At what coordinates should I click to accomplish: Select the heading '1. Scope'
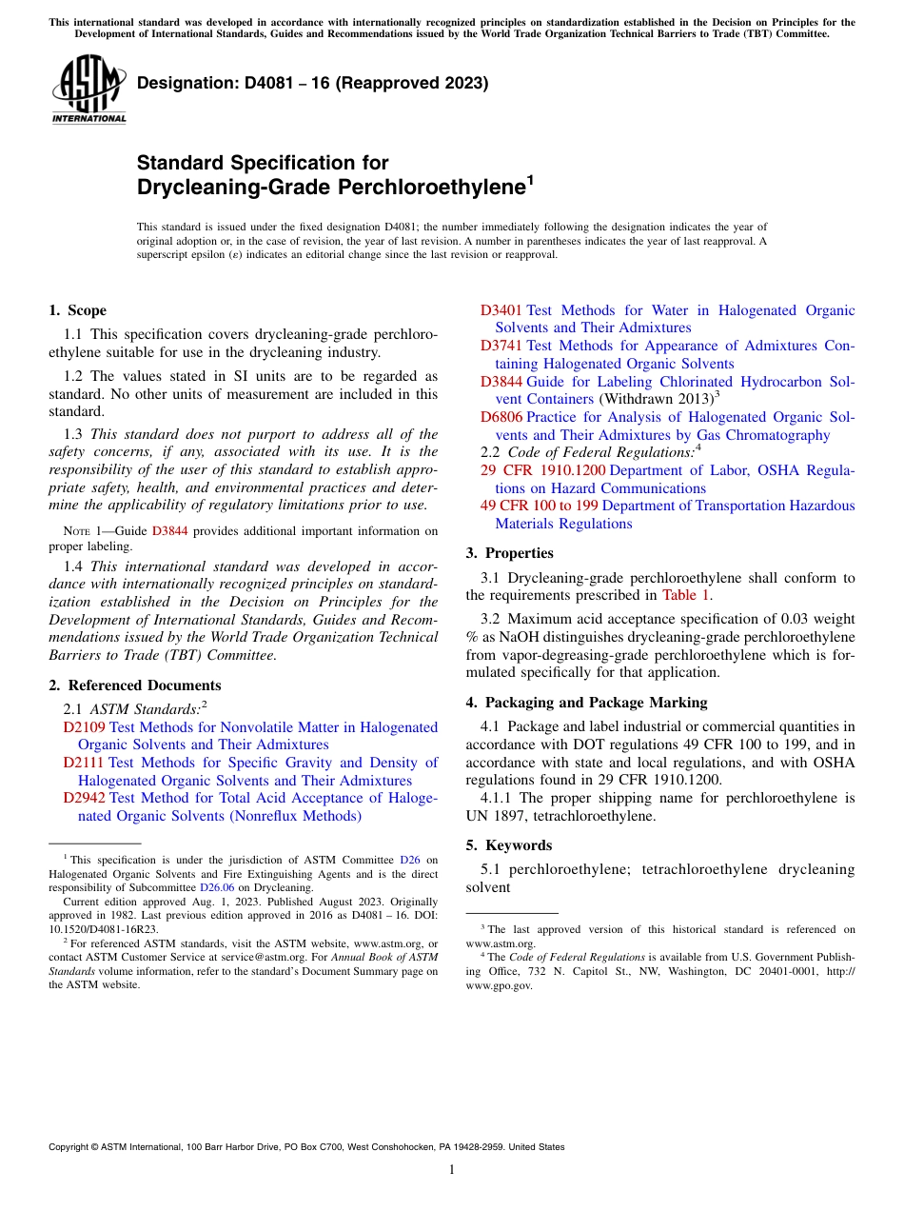click(x=77, y=310)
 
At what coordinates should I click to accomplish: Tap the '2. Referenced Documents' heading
click(x=134, y=685)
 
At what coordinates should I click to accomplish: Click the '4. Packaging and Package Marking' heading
click(x=586, y=703)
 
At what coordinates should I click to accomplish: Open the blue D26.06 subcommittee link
click(x=216, y=887)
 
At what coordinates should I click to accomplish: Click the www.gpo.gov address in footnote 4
click(x=498, y=986)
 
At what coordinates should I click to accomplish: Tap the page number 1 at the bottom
click(x=452, y=1169)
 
